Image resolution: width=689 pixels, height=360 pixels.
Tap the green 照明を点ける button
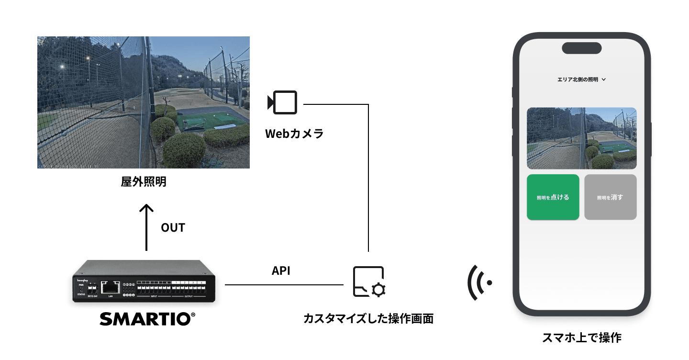click(x=553, y=197)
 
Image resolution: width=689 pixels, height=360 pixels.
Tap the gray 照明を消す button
click(x=610, y=197)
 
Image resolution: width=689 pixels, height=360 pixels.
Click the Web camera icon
click(x=283, y=102)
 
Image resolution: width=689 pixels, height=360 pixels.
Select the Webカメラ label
click(x=294, y=134)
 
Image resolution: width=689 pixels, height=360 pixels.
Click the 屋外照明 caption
click(x=144, y=182)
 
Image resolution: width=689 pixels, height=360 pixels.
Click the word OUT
click(x=173, y=228)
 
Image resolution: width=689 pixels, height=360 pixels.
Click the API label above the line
click(x=281, y=271)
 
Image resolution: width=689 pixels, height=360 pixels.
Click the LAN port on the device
click(x=111, y=287)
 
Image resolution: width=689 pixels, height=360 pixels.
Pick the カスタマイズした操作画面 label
click(x=368, y=319)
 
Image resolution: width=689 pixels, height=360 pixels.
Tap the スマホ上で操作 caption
click(x=581, y=337)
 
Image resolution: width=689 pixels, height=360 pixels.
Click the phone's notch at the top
click(x=581, y=48)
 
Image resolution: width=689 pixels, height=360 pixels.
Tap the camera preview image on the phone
click(x=581, y=138)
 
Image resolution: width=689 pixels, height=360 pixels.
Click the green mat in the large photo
click(x=211, y=120)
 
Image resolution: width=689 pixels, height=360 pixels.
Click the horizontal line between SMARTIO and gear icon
click(x=284, y=285)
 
